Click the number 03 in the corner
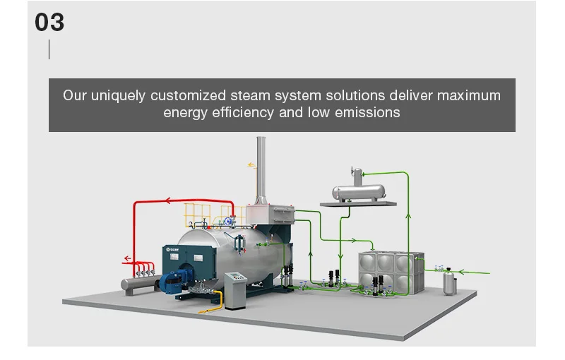(x=49, y=22)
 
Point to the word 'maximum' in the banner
(x=468, y=95)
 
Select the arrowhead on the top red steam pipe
(x=169, y=201)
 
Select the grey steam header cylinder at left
(x=140, y=284)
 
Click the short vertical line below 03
(x=49, y=49)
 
